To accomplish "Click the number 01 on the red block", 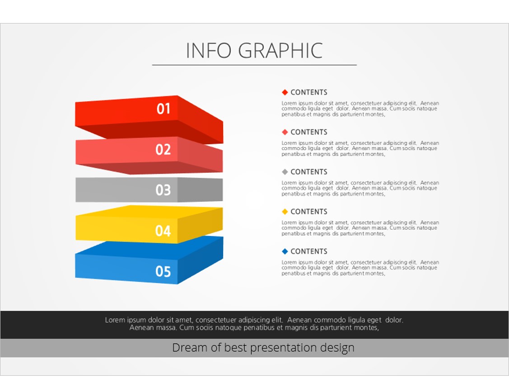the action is [163, 109].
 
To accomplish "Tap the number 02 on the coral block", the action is [163, 150].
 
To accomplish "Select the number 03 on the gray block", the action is [163, 190].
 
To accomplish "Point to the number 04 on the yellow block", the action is [163, 231].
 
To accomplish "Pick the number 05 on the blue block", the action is [163, 272].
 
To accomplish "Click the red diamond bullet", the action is [285, 92].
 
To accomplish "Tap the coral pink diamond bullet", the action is [285, 132].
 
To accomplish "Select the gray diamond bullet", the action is [285, 172].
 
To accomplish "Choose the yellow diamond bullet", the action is [285, 212].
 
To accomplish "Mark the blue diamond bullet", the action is [285, 251].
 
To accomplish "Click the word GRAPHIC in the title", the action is [280, 51].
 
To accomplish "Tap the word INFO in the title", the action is [209, 51].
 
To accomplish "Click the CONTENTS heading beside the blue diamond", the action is [309, 251].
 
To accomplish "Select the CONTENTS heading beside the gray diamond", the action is [309, 172].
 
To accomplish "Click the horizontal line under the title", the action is [255, 65].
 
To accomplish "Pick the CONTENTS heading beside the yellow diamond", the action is [309, 212].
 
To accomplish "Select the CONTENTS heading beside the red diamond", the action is [309, 92].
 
